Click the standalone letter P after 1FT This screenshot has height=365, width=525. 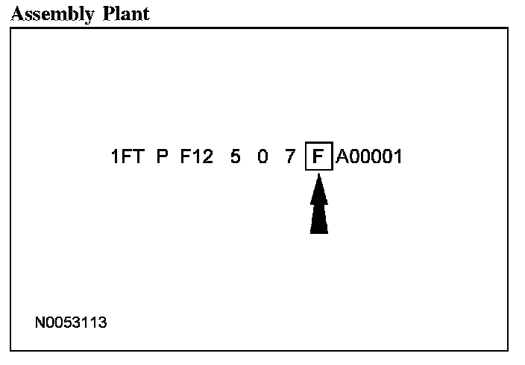pos(163,158)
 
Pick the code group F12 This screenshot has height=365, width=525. pos(196,158)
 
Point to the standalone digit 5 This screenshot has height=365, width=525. pos(235,158)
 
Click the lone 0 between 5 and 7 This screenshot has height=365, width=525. pos(262,158)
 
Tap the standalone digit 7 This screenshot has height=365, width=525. pos(290,158)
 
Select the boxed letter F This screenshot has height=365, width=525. pos(318,158)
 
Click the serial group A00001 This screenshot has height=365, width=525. pos(369,158)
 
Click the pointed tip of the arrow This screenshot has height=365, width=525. pos(318,176)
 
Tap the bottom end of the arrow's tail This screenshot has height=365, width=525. pos(318,232)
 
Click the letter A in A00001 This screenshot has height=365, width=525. pos(342,158)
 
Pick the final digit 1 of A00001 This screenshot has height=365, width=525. pos(397,158)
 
